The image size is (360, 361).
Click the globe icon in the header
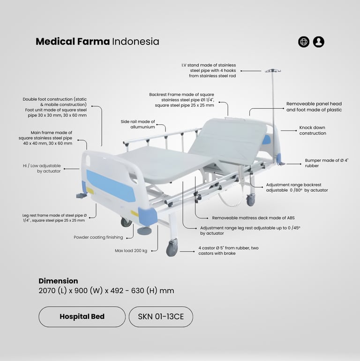(x=304, y=42)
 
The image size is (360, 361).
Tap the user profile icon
(x=319, y=42)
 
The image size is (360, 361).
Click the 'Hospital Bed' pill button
(x=82, y=316)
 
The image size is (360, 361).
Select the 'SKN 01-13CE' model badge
(x=161, y=316)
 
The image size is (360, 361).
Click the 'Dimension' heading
(x=58, y=281)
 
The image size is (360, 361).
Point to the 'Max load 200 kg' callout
(x=131, y=251)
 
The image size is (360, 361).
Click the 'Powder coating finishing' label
(x=98, y=237)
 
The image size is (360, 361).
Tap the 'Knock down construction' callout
(x=313, y=130)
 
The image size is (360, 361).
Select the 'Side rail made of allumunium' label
(x=138, y=124)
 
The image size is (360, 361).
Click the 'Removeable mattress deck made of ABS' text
(x=253, y=218)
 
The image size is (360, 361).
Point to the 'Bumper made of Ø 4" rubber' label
(x=327, y=163)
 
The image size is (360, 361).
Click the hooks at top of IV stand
(x=273, y=70)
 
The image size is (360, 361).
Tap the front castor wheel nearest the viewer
(x=172, y=248)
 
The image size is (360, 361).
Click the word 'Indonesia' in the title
(x=135, y=42)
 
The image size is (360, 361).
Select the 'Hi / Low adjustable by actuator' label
(x=42, y=168)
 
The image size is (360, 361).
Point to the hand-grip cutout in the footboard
(x=88, y=159)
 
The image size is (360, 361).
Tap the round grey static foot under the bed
(x=144, y=231)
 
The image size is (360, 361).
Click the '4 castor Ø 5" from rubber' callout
(x=228, y=250)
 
